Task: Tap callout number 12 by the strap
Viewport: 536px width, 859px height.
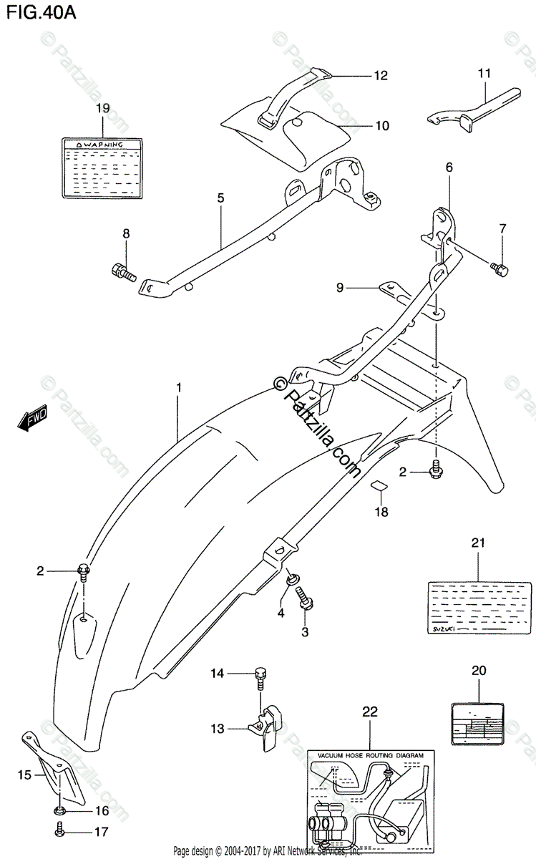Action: click(x=379, y=74)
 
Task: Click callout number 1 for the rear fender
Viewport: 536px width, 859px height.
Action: click(x=179, y=387)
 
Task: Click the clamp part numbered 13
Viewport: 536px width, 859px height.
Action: click(x=268, y=717)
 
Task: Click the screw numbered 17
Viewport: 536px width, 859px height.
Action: click(x=61, y=830)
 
